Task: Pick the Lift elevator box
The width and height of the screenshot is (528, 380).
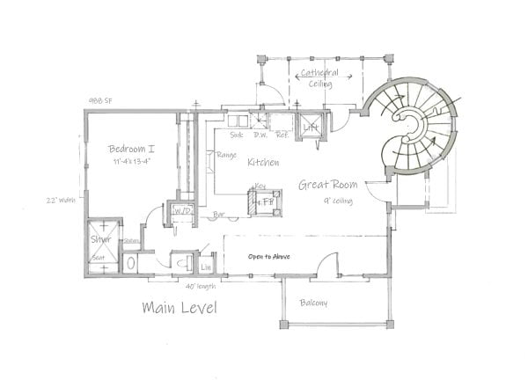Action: tap(310, 128)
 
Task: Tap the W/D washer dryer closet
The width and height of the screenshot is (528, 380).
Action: tap(184, 212)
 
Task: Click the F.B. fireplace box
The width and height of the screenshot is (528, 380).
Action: tap(264, 201)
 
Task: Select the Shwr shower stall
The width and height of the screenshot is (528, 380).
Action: tap(99, 237)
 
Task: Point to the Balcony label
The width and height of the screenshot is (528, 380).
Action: tap(312, 303)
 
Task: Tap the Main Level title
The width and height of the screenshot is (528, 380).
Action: tap(180, 308)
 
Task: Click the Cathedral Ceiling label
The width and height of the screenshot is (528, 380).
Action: tap(320, 77)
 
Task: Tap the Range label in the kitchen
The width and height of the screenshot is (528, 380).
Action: tap(224, 156)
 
